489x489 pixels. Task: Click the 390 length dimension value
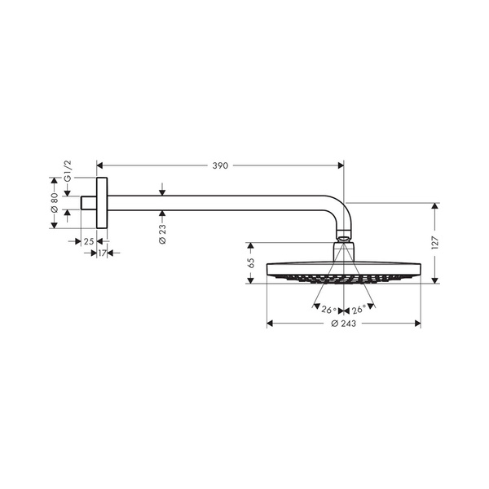pos(219,165)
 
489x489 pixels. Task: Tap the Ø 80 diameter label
pos(55,202)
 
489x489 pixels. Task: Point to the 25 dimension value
pos(88,241)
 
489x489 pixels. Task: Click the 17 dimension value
pos(102,254)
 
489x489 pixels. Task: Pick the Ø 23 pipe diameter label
pos(162,232)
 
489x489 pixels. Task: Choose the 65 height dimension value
pos(251,262)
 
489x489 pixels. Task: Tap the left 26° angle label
pos(328,310)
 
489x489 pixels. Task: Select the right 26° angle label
pos(358,310)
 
